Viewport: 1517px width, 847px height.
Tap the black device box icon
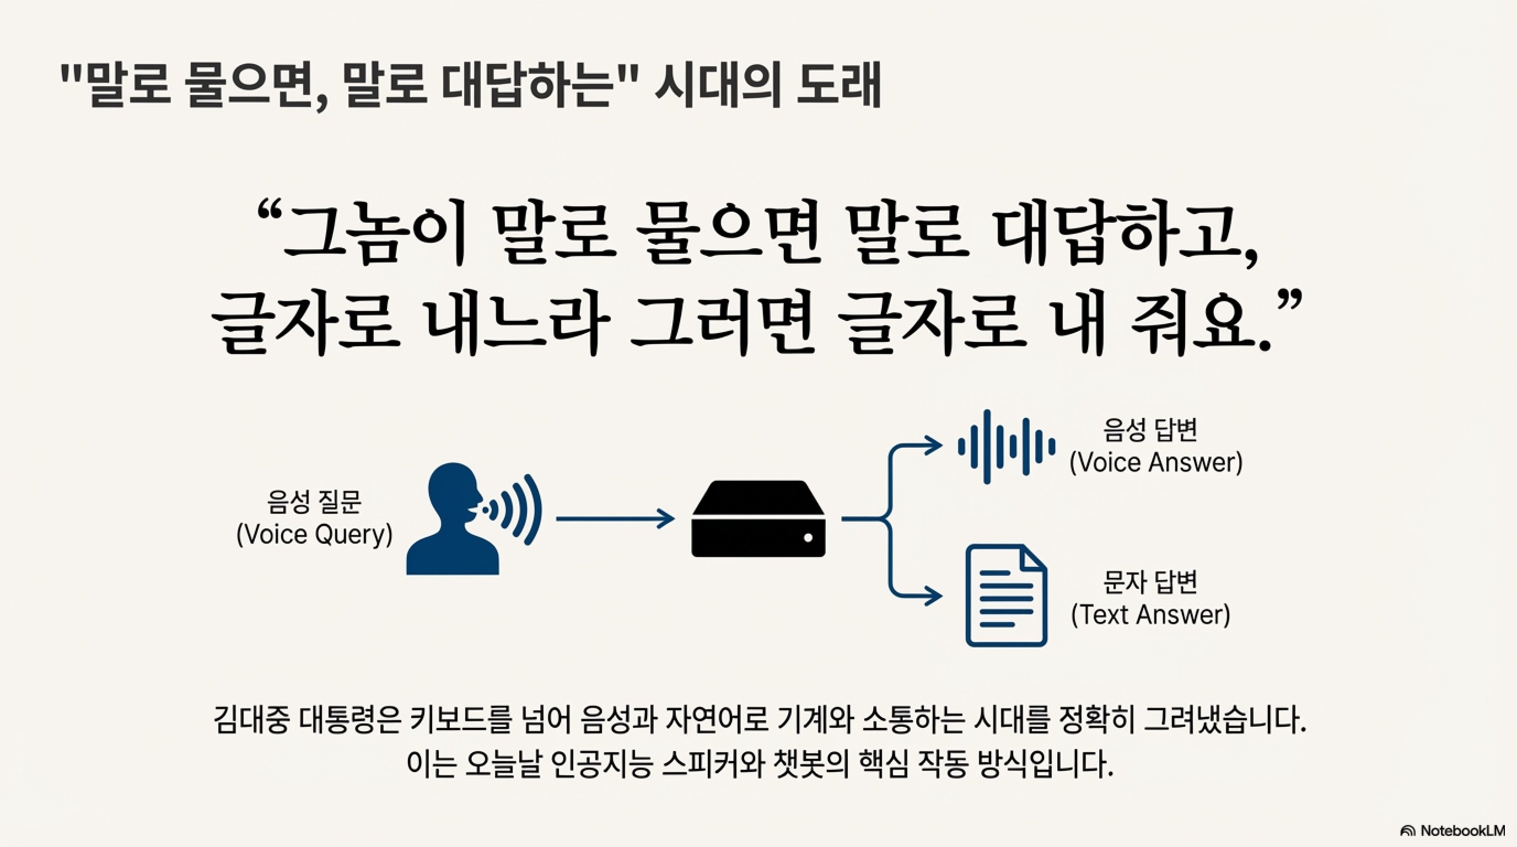[x=758, y=519]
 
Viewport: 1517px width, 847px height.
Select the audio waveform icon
[x=1007, y=447]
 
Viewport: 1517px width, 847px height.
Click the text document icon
[x=1006, y=596]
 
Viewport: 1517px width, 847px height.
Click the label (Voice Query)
[x=314, y=535]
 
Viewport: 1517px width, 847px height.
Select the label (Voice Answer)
[x=1155, y=462]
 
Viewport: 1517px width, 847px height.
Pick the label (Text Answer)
[x=1150, y=615]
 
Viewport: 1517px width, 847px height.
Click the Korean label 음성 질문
[x=314, y=502]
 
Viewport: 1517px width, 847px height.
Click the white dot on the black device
[x=808, y=537]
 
